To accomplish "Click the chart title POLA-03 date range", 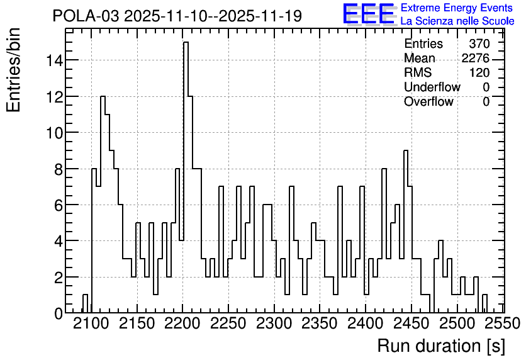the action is click(177, 16).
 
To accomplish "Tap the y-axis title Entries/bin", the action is click(13, 70).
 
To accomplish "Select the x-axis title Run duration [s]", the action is click(441, 346).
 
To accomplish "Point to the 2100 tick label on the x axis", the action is click(91, 323).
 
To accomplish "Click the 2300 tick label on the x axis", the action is click(274, 323).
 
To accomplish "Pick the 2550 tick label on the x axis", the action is click(502, 323).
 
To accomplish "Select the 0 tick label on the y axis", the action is click(59, 313).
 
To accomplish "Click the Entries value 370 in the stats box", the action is click(479, 43).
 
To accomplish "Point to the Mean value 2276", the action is click(475, 58).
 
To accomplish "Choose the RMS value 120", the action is click(479, 72).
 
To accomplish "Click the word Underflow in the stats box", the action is click(432, 87).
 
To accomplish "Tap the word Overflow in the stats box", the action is click(428, 101).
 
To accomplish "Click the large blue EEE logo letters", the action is click(369, 14).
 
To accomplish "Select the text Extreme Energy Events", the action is click(457, 8).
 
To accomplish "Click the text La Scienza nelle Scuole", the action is click(457, 21).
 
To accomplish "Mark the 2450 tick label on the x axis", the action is click(411, 323).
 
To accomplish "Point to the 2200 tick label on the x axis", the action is click(182, 323).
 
